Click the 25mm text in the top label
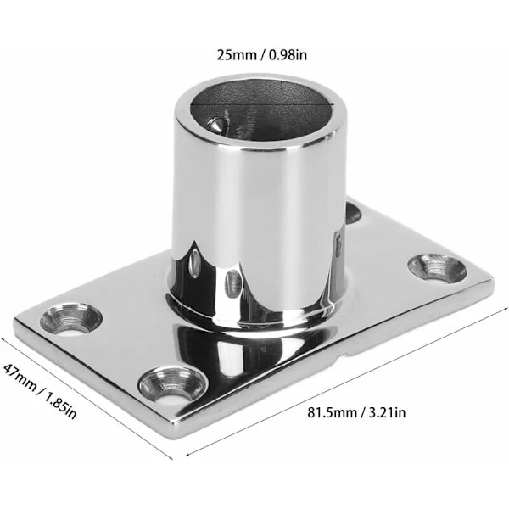(x=237, y=55)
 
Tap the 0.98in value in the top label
(x=288, y=55)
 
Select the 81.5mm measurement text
(x=333, y=413)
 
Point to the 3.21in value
(x=388, y=413)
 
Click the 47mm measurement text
(x=20, y=376)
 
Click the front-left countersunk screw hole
(x=70, y=319)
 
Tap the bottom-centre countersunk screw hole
(x=173, y=385)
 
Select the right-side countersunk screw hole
(x=437, y=268)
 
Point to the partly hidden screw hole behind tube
(x=353, y=213)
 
